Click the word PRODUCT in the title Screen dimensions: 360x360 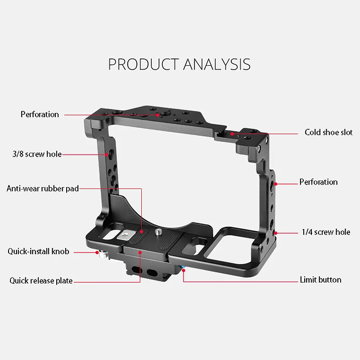coord(143,64)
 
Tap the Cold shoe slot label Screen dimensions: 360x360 coord(328,132)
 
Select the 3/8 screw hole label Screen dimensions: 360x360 coord(37,154)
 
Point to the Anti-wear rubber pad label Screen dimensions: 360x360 coord(43,189)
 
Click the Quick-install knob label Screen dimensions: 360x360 coord(38,251)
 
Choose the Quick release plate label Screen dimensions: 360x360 coord(41,281)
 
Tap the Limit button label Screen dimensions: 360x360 coord(320,280)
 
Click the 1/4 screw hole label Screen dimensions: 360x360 coord(326,232)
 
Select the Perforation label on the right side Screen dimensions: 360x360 coord(318,182)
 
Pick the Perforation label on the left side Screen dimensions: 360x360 coord(40,114)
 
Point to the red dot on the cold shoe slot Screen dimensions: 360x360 coord(232,133)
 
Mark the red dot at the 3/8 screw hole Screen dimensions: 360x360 coord(107,154)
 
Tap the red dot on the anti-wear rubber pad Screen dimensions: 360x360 coord(142,232)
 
